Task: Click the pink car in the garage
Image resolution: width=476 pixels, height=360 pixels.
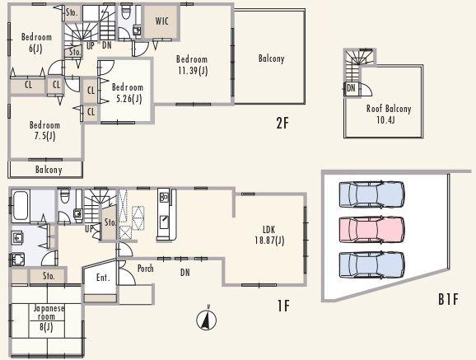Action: [x=371, y=230]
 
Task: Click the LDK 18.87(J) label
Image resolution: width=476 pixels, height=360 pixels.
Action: [x=268, y=235]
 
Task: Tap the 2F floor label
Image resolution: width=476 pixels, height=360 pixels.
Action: [x=282, y=124]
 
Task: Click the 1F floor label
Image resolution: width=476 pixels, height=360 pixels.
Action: [x=282, y=306]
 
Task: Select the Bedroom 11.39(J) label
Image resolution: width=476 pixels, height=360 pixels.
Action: [x=191, y=64]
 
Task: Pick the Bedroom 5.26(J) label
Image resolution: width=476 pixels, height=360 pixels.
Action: [x=128, y=93]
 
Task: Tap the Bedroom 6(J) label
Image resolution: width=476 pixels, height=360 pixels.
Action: [x=36, y=43]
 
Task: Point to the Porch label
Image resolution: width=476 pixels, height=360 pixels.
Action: [x=146, y=269]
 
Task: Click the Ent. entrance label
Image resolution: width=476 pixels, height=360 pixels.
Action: [x=103, y=278]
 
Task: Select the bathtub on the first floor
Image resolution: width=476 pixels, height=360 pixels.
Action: [x=21, y=203]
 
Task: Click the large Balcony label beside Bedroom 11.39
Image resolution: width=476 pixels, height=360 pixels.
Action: [x=271, y=58]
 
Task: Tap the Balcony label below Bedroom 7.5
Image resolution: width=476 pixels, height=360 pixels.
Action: [x=49, y=170]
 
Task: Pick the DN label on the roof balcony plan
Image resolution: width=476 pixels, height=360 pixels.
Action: [x=352, y=87]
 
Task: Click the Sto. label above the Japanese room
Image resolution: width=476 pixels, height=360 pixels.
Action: [x=48, y=276]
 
